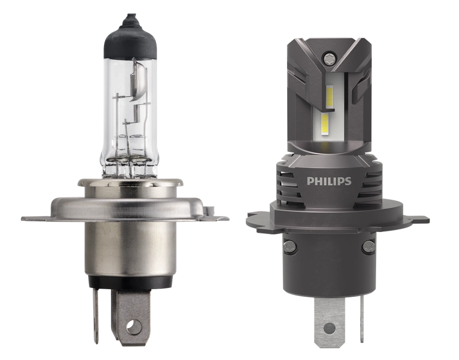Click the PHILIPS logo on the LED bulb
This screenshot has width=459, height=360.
tap(329, 181)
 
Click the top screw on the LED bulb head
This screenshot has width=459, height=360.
tap(328, 58)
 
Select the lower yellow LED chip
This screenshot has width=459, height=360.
tap(326, 124)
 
